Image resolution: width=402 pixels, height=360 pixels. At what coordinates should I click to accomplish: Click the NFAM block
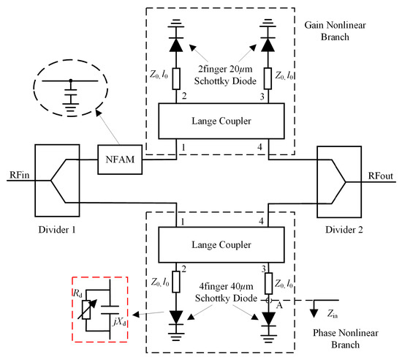[118, 156]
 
